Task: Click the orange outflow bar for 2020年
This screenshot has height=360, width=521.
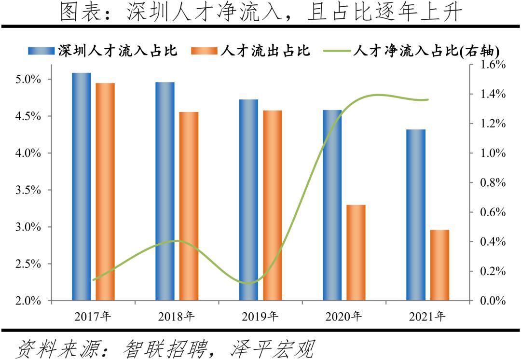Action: tap(356, 253)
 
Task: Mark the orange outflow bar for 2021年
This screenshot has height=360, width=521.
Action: tap(439, 265)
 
